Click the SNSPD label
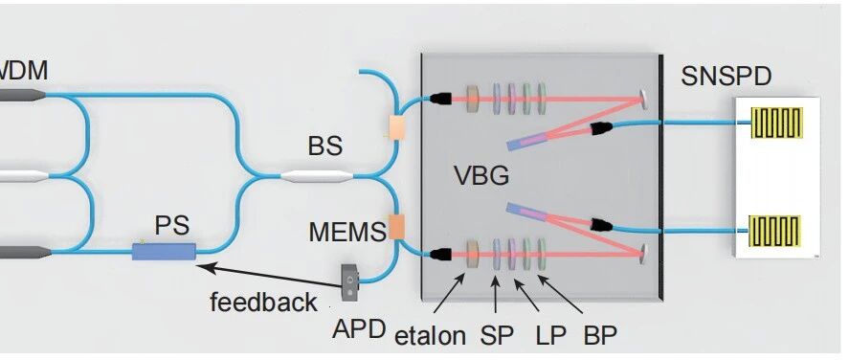(726, 77)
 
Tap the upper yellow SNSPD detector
(776, 123)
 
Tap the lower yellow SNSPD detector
(774, 231)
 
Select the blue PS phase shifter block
(164, 251)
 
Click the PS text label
(172, 225)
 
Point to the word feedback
(263, 303)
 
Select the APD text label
(359, 328)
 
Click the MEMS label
(347, 233)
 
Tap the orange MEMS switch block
(397, 227)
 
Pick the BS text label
(324, 146)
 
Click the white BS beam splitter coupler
(317, 176)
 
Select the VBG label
(481, 176)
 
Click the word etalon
(430, 336)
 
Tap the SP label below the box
(497, 336)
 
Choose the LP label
(550, 336)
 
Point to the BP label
(600, 336)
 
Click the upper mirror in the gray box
(643, 99)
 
